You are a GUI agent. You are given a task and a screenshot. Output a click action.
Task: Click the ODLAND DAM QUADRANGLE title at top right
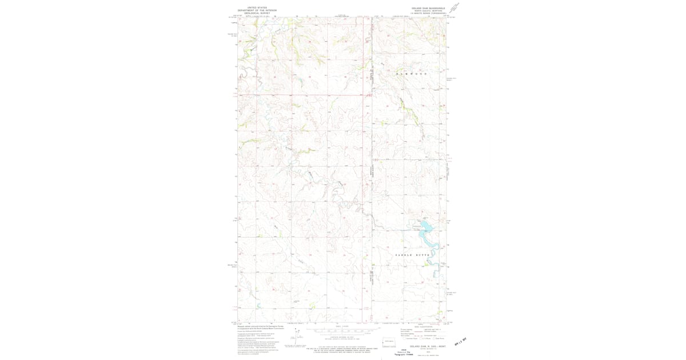(x=426, y=8)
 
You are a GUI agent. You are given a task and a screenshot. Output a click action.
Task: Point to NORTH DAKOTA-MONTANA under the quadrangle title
(x=426, y=11)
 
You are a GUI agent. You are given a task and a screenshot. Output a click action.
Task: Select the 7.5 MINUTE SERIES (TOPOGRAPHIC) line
(x=426, y=14)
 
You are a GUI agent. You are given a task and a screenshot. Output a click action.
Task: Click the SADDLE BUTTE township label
(x=412, y=254)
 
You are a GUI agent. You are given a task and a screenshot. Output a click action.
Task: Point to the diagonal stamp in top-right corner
(x=454, y=8)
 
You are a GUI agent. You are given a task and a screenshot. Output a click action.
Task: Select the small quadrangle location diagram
(x=389, y=343)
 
